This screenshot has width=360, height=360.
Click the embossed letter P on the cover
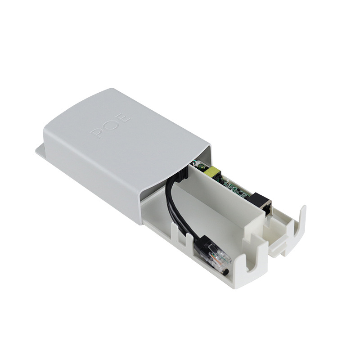98,133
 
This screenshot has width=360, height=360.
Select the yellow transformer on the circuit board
211,171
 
